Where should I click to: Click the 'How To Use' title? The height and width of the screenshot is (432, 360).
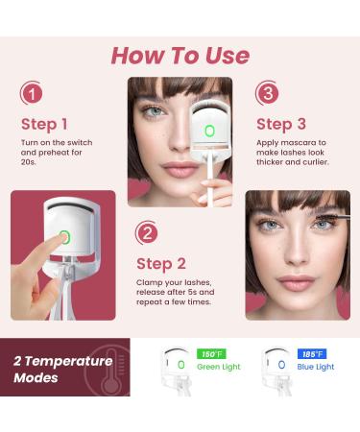(x=180, y=54)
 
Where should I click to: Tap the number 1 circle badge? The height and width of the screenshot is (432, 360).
(x=32, y=94)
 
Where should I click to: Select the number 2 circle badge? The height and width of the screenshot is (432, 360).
(x=148, y=233)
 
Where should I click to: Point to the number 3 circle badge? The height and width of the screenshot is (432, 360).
(x=268, y=94)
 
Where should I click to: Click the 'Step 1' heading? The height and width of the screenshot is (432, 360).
(x=44, y=124)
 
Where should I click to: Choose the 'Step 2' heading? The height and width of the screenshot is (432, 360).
(x=161, y=263)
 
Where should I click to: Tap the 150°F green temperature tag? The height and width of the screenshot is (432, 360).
(x=210, y=354)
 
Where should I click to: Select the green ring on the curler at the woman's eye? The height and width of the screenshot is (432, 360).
(x=210, y=131)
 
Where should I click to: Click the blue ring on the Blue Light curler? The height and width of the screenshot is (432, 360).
(x=281, y=365)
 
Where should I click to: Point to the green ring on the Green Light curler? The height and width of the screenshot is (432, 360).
(x=181, y=365)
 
